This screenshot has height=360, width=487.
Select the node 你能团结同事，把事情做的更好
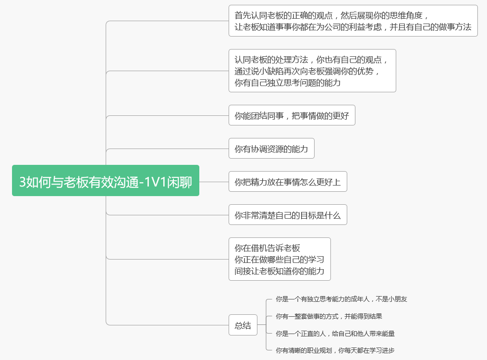pyautogui.click(x=292, y=115)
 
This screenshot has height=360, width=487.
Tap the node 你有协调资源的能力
pyautogui.click(x=271, y=149)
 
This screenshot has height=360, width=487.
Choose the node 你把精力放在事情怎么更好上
pyautogui.click(x=287, y=182)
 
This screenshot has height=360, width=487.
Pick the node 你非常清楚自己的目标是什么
pyautogui.click(x=287, y=215)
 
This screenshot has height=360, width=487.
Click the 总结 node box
pyautogui.click(x=243, y=325)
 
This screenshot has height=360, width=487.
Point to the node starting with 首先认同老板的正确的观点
pyautogui.click(x=353, y=21)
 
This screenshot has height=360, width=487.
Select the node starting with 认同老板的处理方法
pyautogui.click(x=312, y=71)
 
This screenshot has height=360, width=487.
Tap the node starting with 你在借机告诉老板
pyautogui.click(x=280, y=259)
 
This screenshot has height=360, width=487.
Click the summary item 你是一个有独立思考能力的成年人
pyautogui.click(x=341, y=299)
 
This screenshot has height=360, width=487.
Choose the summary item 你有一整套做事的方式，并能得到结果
pyautogui.click(x=329, y=316)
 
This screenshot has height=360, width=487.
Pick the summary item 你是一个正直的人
pyautogui.click(x=335, y=333)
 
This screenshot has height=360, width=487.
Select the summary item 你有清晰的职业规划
pyautogui.click(x=335, y=350)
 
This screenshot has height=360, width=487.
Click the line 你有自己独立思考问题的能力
pyautogui.click(x=287, y=83)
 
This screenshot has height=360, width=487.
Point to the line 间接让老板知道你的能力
pyautogui.click(x=279, y=271)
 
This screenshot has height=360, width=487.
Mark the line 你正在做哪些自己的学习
pyautogui.click(x=279, y=260)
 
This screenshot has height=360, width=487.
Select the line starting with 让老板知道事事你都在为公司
pyautogui.click(x=353, y=27)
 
